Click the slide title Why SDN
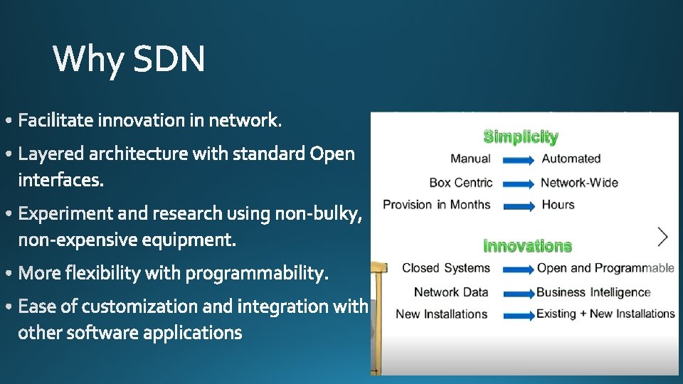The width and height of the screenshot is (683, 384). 129,59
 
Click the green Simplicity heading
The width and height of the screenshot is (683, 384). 521,137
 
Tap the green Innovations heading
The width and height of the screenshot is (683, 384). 527,246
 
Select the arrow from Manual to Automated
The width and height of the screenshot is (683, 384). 518,161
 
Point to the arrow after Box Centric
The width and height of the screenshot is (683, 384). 518,184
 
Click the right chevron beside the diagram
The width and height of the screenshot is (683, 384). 663,237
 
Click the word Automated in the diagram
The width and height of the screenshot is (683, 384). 571,159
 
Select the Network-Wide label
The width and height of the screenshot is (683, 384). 579,182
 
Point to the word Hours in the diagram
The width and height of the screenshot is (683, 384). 558,205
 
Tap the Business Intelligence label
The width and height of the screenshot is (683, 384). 593,292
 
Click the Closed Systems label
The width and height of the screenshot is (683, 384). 446,268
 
